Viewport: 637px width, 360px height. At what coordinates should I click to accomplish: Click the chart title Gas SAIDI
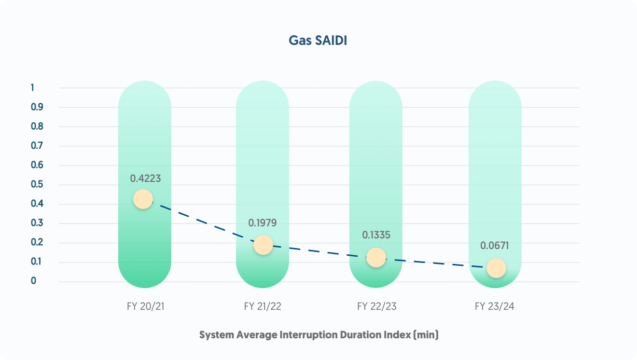point(318,41)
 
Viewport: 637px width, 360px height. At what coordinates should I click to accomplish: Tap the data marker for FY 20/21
point(143,199)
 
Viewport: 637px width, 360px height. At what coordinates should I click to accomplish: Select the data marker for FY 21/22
point(263,245)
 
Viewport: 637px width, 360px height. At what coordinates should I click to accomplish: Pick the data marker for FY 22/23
point(376,257)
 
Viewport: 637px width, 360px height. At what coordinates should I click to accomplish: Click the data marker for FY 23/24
point(496,268)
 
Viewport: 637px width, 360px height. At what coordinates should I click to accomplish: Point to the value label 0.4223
point(145,179)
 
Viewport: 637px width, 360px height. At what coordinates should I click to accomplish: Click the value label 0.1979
point(263,223)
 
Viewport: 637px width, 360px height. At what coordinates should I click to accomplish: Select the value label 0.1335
point(376,235)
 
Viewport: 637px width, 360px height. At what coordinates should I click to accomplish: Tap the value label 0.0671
point(495,246)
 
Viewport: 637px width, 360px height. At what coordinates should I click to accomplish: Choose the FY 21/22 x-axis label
point(263,306)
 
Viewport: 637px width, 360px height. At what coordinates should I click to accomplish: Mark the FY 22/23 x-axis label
point(376,306)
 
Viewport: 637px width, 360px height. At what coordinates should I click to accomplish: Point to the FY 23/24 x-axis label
point(495,306)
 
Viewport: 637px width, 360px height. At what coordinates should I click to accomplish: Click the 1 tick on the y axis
point(33,88)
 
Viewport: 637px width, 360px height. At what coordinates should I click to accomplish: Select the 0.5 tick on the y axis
point(37,184)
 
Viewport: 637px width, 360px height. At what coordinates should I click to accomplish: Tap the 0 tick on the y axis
point(34,281)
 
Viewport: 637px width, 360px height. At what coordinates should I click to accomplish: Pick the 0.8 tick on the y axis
point(37,126)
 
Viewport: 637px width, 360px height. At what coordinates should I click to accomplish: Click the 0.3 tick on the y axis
point(37,223)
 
